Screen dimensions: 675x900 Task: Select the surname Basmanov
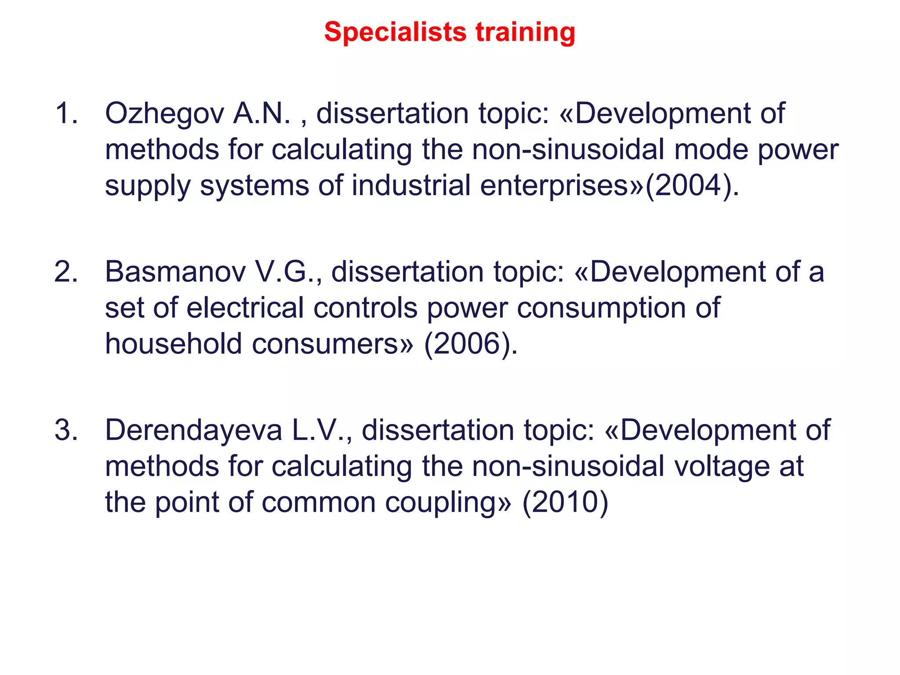[175, 272]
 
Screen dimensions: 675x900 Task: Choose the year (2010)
[565, 502]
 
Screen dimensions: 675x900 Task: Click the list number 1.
[66, 113]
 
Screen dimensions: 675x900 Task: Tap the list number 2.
[66, 272]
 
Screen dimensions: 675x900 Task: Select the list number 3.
[66, 430]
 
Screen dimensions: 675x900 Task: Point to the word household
[173, 344]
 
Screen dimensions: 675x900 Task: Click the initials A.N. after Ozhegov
[262, 114]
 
